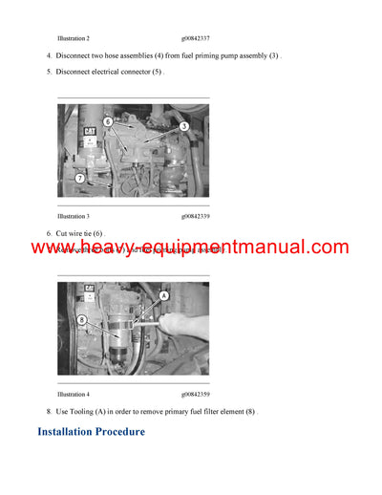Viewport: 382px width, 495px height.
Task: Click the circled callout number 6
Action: tap(107, 122)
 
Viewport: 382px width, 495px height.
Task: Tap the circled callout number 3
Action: tap(183, 126)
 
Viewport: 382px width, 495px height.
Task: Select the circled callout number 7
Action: tap(80, 178)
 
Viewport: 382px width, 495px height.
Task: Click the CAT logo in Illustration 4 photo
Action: tap(89, 288)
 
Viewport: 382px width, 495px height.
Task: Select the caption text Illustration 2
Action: tap(74, 38)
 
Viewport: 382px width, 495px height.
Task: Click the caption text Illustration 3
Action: tap(74, 217)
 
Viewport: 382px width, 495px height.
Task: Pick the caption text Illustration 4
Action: tap(74, 394)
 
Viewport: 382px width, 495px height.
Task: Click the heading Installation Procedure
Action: tap(91, 432)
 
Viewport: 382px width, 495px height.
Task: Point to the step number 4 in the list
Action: tap(49, 56)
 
